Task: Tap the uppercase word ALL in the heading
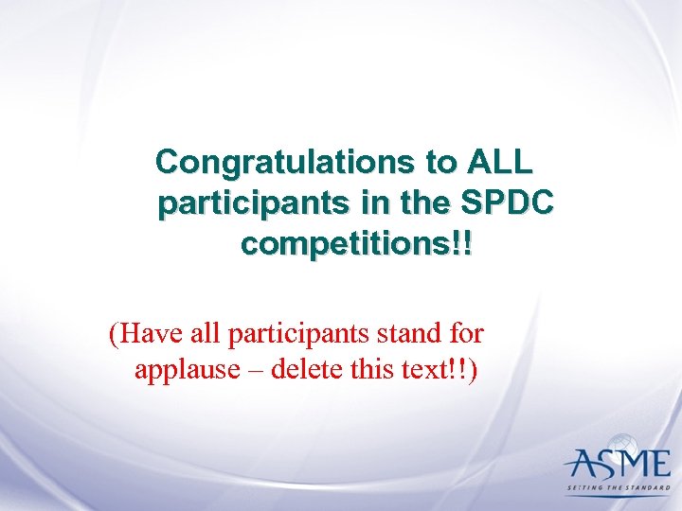499,163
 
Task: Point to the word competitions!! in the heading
358,244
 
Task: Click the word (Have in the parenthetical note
140,333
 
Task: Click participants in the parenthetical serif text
296,334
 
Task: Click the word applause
188,369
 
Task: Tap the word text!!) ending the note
443,369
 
